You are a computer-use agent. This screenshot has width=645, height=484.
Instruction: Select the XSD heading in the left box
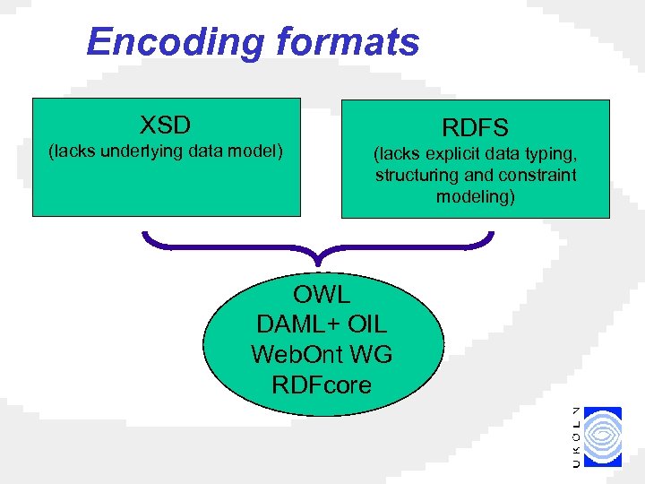click(x=166, y=124)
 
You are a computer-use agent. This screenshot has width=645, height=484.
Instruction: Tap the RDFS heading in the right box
click(x=475, y=128)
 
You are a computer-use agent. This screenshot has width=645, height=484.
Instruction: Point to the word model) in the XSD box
click(x=255, y=151)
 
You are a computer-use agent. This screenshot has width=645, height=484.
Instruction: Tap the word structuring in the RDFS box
click(x=415, y=176)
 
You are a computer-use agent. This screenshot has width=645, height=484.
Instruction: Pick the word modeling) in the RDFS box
click(x=476, y=196)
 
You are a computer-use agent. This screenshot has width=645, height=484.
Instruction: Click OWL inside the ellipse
click(x=322, y=294)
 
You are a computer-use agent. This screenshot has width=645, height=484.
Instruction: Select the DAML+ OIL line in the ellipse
click(x=322, y=324)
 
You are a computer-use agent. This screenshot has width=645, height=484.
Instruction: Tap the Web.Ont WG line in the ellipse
click(x=322, y=355)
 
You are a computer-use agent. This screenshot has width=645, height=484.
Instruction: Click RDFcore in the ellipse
click(x=322, y=385)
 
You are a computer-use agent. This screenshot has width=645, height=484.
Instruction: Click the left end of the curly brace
click(x=145, y=236)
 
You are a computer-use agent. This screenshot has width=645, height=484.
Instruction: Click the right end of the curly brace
click(x=491, y=236)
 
